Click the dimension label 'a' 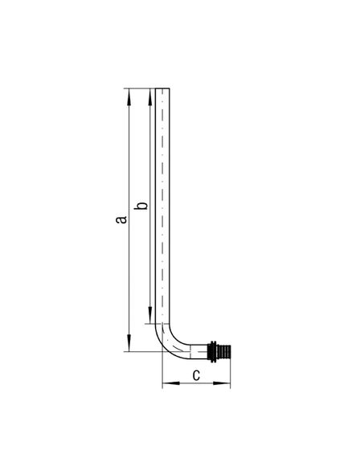(x=121, y=219)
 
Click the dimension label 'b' (x=141, y=206)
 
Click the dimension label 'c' (x=196, y=375)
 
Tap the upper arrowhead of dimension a (x=129, y=97)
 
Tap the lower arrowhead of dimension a (x=129, y=342)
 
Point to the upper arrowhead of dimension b (x=150, y=97)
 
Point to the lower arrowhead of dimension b (x=150, y=315)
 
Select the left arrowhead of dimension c (x=171, y=382)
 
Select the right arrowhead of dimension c (x=222, y=382)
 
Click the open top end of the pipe (x=162, y=88)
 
